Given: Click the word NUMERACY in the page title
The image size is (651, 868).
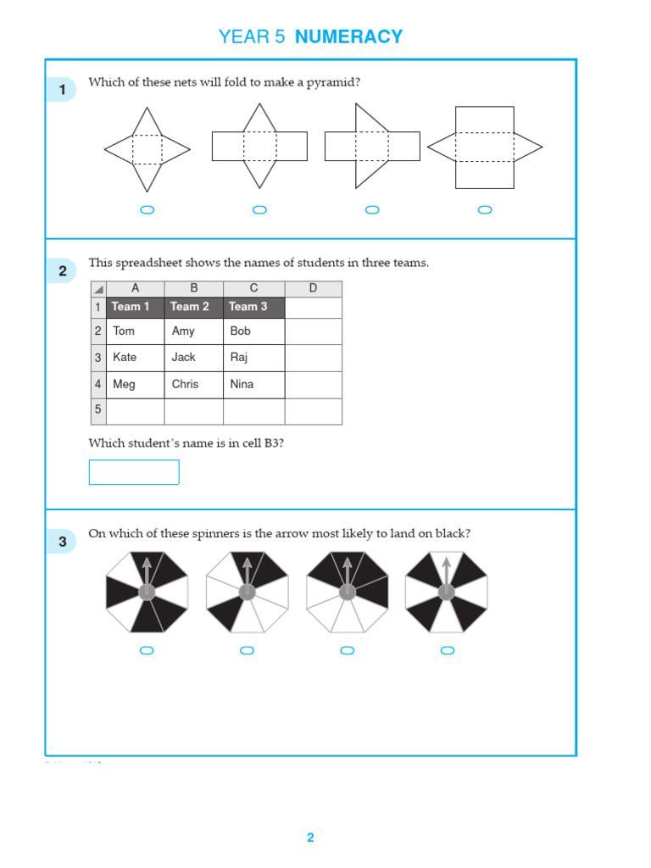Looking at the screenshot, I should [x=348, y=36].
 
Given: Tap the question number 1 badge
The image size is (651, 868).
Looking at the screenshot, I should [x=62, y=89].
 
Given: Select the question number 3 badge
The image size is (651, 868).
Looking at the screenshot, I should [x=62, y=542].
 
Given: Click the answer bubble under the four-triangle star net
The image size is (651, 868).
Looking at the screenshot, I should [x=147, y=210].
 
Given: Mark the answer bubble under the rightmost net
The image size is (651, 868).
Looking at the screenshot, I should [x=485, y=210].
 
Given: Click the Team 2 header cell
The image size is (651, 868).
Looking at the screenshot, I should [x=193, y=307].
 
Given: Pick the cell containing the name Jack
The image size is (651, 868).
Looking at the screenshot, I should [x=193, y=358].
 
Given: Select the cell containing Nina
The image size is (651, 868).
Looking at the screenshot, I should [x=253, y=384].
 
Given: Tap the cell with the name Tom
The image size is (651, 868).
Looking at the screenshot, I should [x=135, y=331].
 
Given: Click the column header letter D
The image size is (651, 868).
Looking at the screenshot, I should [x=313, y=289].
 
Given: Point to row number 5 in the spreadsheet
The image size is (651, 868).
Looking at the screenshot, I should [x=97, y=410].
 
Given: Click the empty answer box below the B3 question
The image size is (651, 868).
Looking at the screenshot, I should [x=134, y=472].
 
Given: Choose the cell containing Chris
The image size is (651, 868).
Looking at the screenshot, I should [x=193, y=384].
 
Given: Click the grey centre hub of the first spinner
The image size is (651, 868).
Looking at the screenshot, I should [x=147, y=592].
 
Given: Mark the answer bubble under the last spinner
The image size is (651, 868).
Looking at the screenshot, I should [x=448, y=651].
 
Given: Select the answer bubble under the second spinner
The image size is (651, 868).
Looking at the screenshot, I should [x=247, y=651].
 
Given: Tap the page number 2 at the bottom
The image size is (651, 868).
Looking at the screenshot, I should [x=310, y=837].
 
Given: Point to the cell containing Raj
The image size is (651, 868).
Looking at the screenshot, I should [x=253, y=358].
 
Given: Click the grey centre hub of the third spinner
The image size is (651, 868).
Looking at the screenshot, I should [x=347, y=592].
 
